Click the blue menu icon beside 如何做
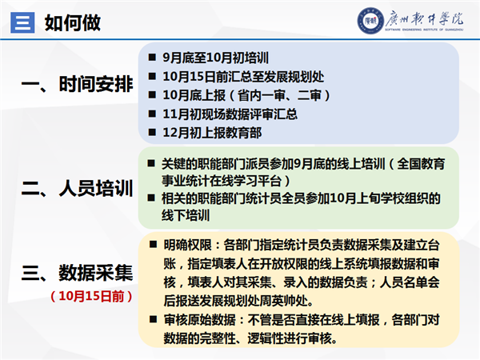click(x=22, y=22)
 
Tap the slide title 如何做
click(x=73, y=22)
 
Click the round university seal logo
click(x=370, y=21)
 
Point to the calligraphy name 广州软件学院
click(x=424, y=18)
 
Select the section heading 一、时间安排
click(x=77, y=83)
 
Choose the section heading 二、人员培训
click(x=77, y=188)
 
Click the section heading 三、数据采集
click(x=77, y=273)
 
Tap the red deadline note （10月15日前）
click(x=91, y=296)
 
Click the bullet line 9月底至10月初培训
click(x=215, y=58)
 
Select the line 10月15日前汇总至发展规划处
click(x=243, y=77)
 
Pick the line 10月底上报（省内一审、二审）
click(x=246, y=95)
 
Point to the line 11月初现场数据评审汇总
click(x=230, y=114)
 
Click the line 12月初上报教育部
click(x=212, y=133)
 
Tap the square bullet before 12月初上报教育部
click(x=152, y=132)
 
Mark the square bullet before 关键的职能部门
click(x=151, y=163)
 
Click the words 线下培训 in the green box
click(x=186, y=215)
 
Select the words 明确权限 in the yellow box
click(x=188, y=246)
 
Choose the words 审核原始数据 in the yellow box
click(x=199, y=320)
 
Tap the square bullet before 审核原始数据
click(x=153, y=319)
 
